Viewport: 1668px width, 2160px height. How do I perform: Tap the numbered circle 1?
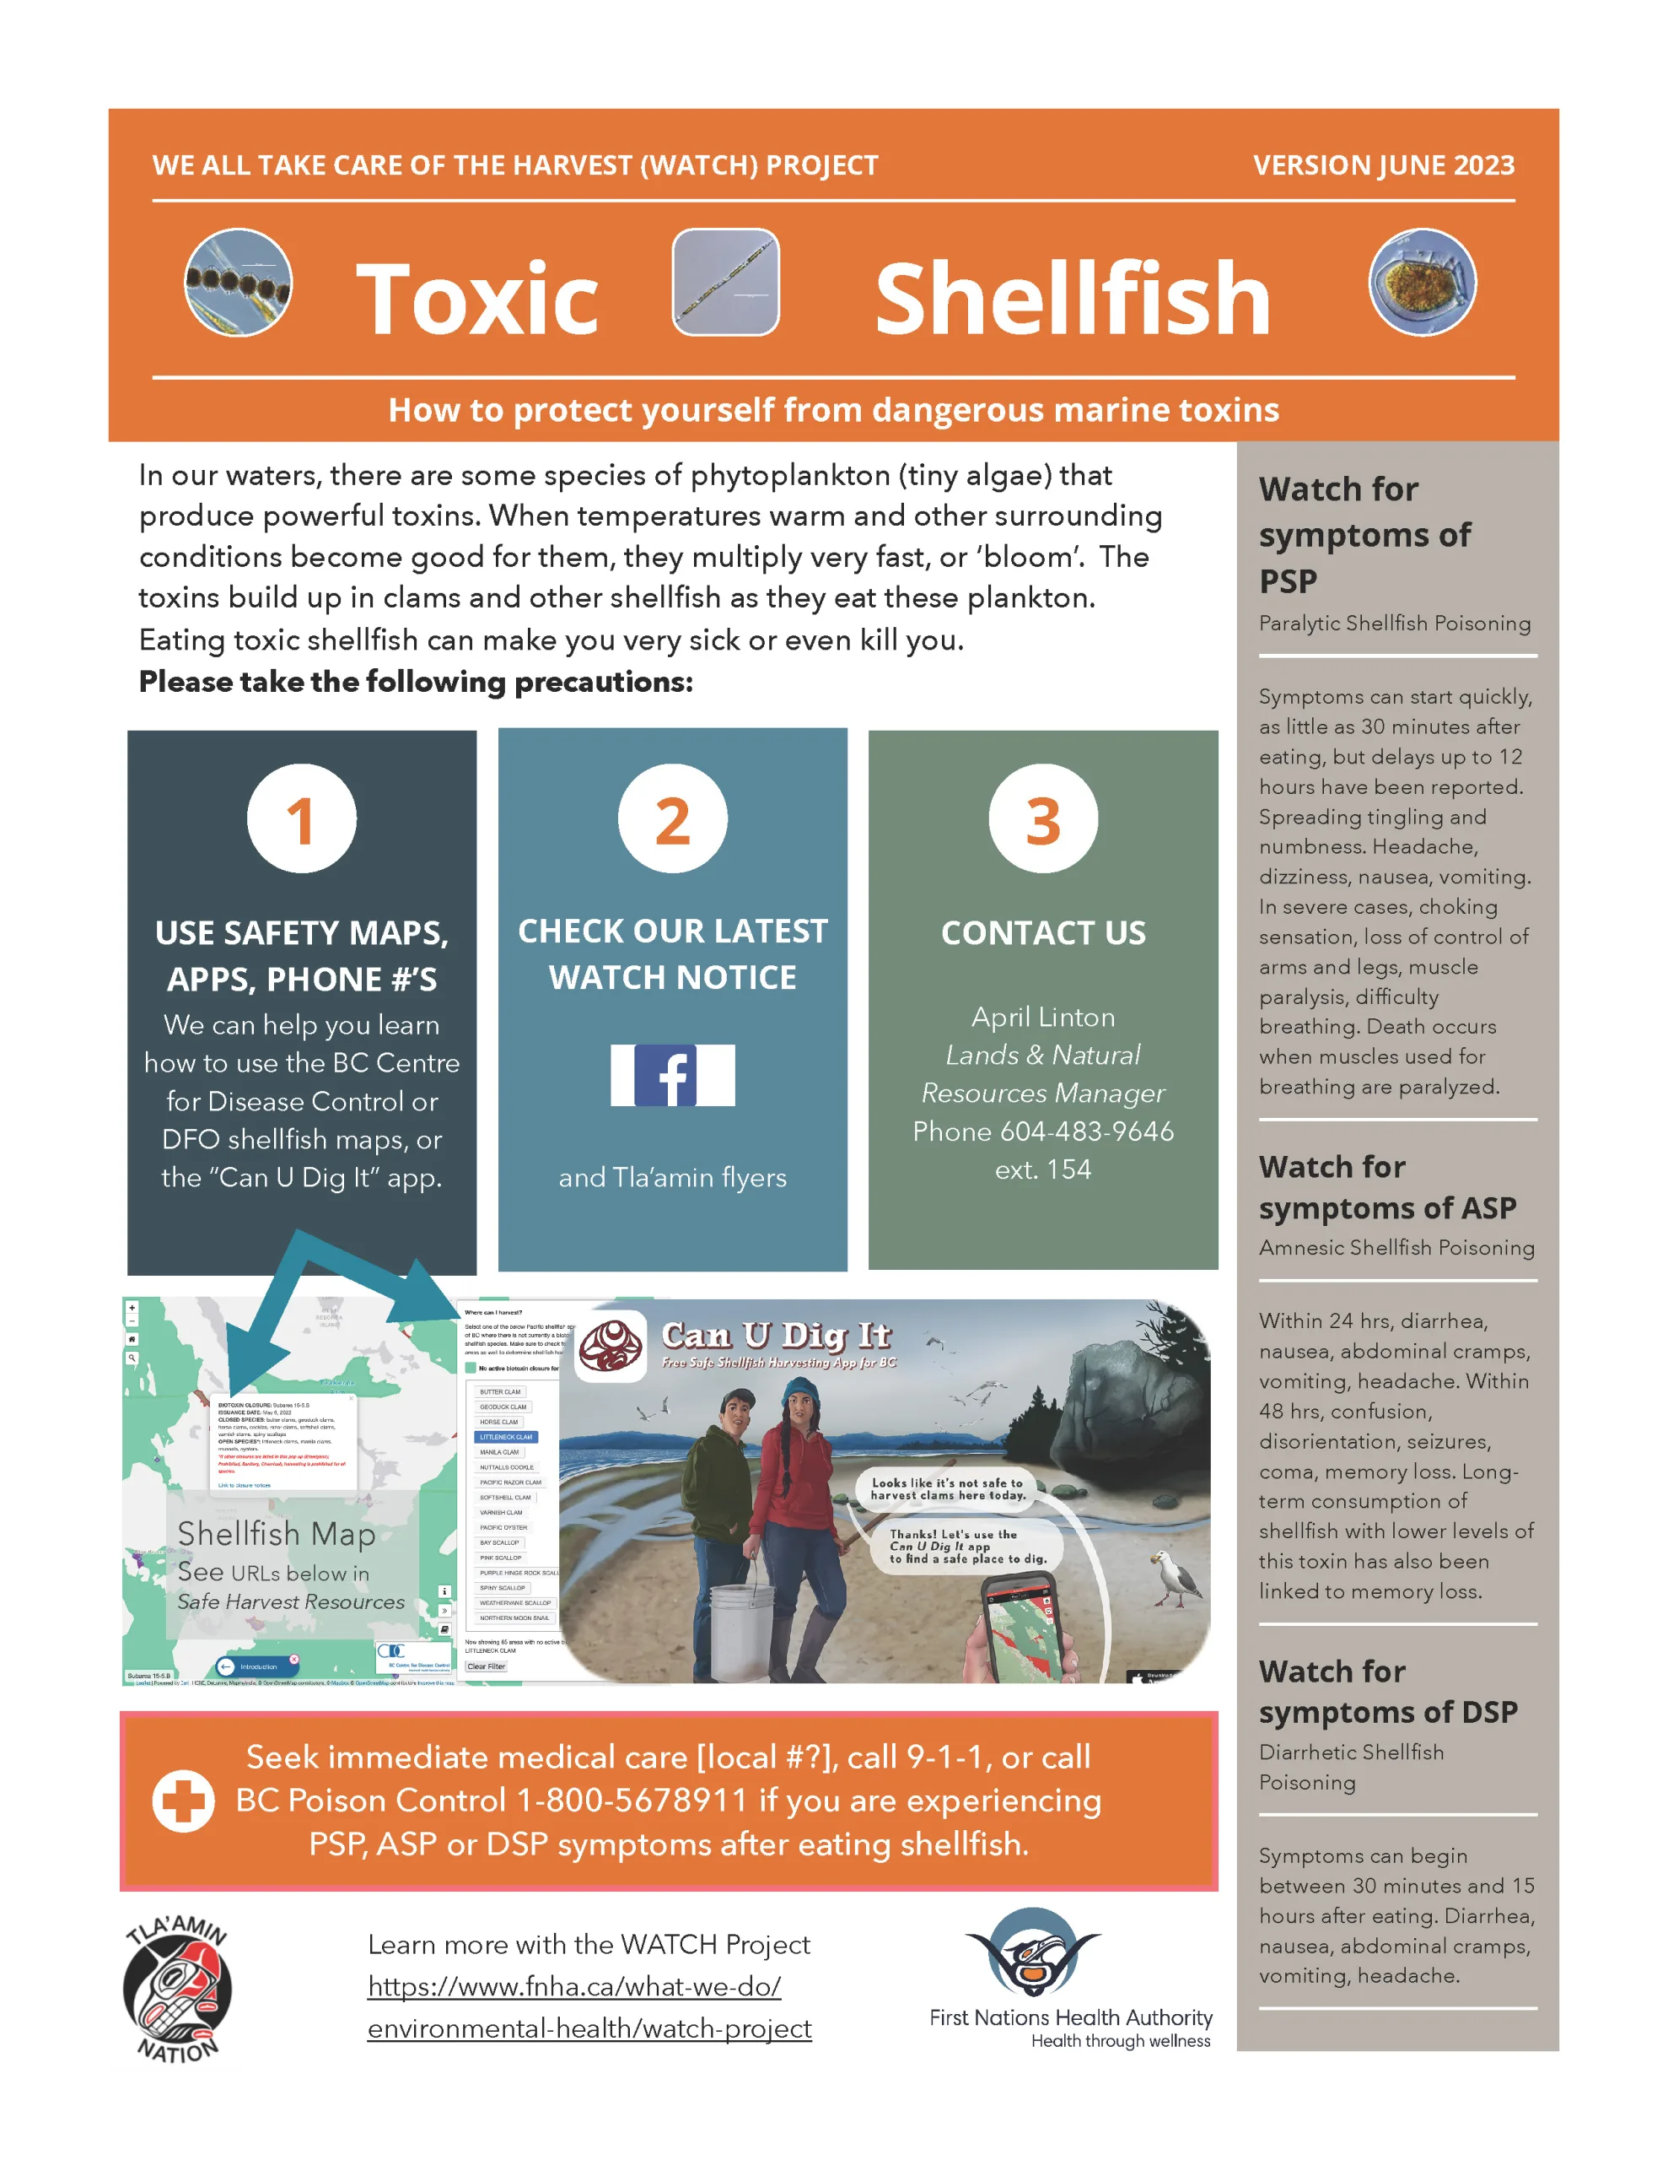[x=302, y=819]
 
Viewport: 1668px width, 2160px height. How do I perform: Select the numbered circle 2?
[x=672, y=819]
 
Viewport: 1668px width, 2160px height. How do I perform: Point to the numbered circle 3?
[x=1042, y=819]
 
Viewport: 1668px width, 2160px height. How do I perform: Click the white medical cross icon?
[x=183, y=1800]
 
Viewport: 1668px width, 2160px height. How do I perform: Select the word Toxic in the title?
[x=476, y=299]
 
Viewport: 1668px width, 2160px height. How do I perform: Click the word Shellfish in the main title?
[x=1073, y=299]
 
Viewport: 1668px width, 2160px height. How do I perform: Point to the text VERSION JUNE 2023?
[x=1383, y=165]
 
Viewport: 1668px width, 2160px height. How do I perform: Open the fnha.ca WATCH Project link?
[x=589, y=2007]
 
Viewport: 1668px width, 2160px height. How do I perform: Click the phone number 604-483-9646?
[x=1087, y=1131]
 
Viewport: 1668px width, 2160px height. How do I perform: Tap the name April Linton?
[x=1043, y=1017]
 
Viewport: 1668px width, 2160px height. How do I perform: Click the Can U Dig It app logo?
[x=611, y=1346]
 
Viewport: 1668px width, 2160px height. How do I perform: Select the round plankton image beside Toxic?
[x=239, y=283]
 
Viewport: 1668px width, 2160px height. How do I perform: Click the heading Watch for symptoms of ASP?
[x=1386, y=1187]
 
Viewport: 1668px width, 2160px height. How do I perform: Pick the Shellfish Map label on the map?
[x=277, y=1533]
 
